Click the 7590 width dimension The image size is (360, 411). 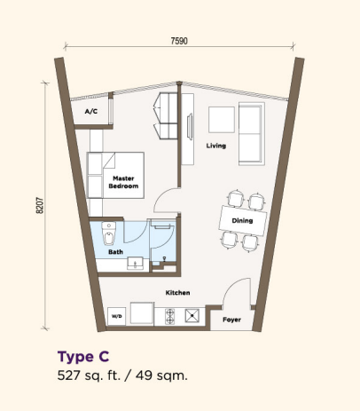(179, 41)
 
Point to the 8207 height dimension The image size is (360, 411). (40, 205)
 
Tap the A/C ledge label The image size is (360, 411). (91, 111)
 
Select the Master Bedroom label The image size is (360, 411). (123, 182)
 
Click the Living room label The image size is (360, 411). (216, 146)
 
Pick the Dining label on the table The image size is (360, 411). (242, 220)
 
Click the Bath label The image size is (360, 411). (115, 252)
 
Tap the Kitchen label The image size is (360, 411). (177, 293)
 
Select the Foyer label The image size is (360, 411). (231, 320)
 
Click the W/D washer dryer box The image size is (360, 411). (117, 316)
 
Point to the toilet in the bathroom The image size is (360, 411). (109, 233)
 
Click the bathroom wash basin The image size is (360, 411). (135, 263)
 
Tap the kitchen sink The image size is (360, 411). (192, 316)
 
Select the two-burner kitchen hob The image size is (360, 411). (170, 316)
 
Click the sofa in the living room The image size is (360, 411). (252, 134)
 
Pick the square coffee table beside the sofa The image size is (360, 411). (222, 120)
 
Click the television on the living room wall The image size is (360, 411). (190, 126)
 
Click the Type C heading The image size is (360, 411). (83, 357)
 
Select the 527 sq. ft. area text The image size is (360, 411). (89, 375)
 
